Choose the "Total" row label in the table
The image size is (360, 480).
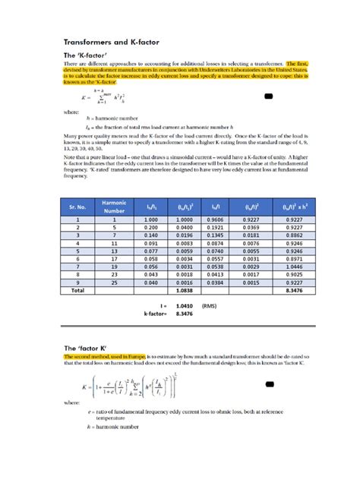point(77,290)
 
